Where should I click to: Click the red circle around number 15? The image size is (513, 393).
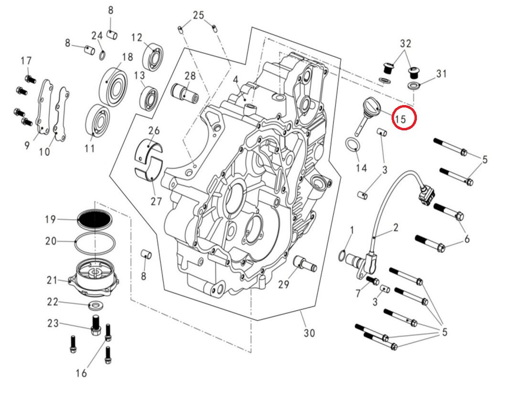click(404, 118)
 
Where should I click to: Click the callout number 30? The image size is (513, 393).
click(309, 333)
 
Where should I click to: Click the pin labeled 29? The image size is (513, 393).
click(304, 263)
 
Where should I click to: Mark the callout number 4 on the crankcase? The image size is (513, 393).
click(235, 80)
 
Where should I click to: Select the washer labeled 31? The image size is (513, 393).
click(414, 86)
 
